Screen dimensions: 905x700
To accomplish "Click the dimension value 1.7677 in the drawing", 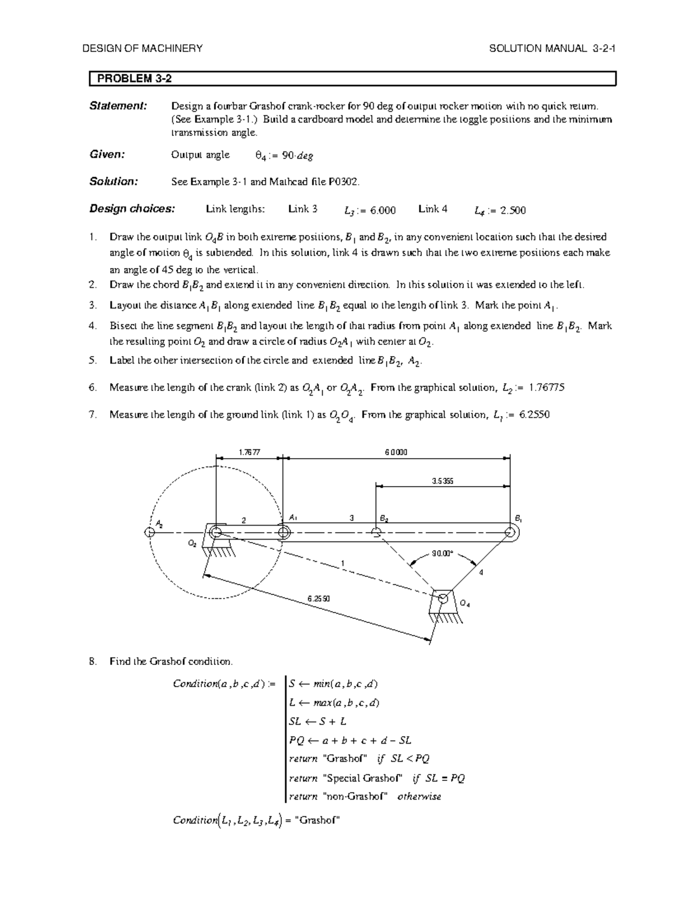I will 249,452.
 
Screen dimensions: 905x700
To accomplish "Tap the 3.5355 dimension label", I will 443,481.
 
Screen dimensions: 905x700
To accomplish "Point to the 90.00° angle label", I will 443,554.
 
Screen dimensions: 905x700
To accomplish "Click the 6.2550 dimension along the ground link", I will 319,599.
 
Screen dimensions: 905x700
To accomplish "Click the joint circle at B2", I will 376,532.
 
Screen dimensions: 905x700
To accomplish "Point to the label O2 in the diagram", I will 192,543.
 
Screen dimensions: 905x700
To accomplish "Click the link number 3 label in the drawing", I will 351,517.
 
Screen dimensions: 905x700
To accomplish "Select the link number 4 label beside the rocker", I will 481,572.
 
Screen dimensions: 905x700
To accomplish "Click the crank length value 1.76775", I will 546,388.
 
